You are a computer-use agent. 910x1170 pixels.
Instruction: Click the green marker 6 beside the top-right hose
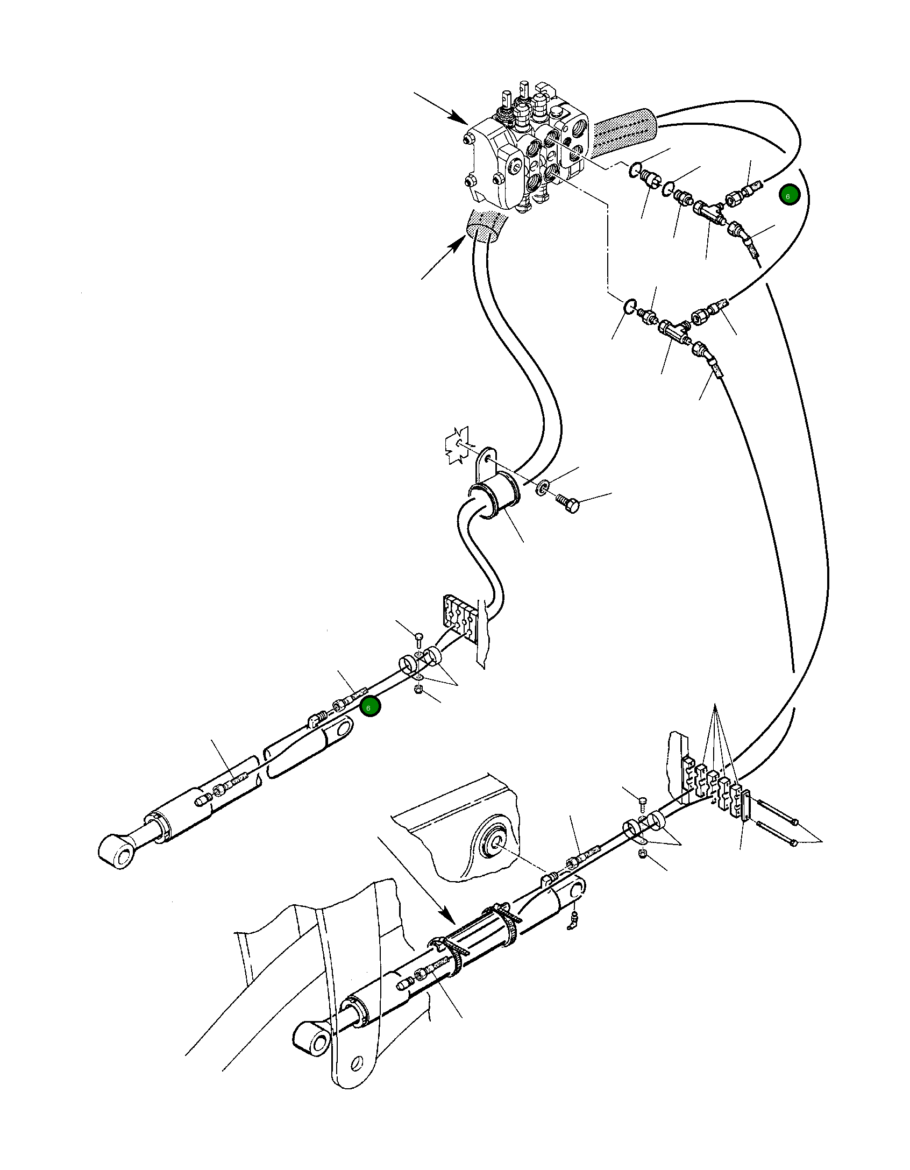789,195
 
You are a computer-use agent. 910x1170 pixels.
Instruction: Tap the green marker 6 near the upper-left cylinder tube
370,706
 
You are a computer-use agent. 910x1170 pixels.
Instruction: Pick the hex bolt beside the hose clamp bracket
568,504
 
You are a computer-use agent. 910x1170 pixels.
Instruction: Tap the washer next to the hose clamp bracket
543,487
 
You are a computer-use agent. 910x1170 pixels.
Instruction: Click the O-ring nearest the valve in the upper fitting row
635,170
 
